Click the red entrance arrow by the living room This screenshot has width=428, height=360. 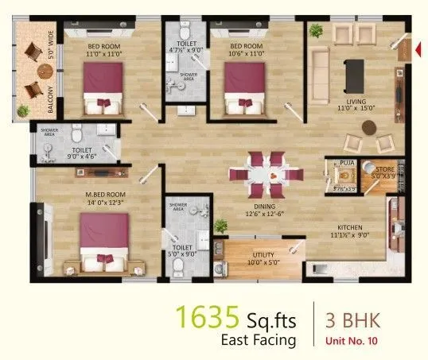pos(418,48)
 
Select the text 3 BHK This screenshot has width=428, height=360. pos(353,321)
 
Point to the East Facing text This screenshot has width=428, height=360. pos(258,341)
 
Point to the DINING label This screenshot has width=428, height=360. pos(263,204)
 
